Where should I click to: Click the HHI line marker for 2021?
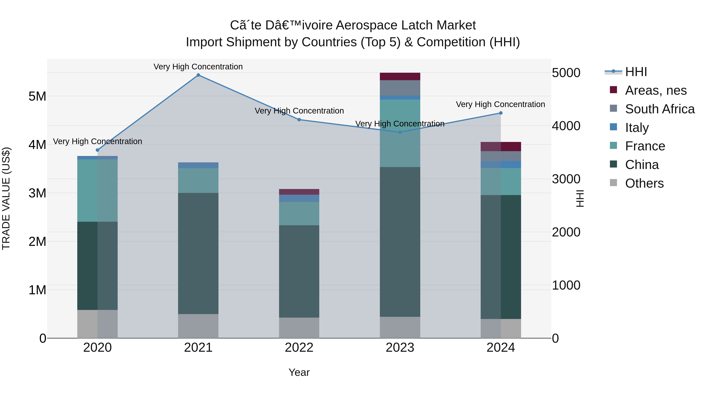tap(198, 75)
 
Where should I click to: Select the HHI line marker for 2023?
tap(400, 132)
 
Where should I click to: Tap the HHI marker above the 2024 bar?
tap(501, 113)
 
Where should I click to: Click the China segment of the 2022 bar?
tap(299, 271)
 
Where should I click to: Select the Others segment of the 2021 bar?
tap(198, 326)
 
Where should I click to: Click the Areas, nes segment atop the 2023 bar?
tap(400, 76)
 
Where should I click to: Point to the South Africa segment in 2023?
tap(400, 88)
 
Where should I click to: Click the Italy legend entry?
tap(637, 128)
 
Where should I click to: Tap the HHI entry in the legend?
tap(636, 72)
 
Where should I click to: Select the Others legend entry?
tap(644, 183)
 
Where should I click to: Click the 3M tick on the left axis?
tap(37, 193)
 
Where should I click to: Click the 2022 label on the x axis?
tap(299, 348)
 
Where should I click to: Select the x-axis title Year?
tap(299, 372)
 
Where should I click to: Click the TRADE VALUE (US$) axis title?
tap(6, 198)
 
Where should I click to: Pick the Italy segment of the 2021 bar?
tap(198, 165)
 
